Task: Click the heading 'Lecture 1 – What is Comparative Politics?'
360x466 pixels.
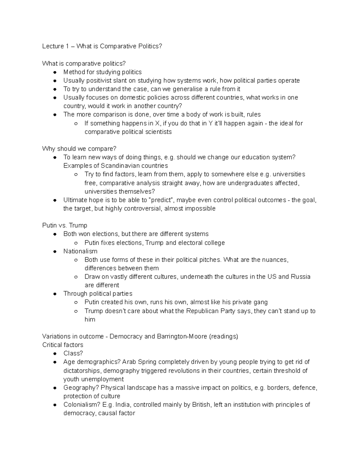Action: (102, 46)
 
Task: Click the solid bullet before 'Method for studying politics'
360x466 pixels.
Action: (55, 72)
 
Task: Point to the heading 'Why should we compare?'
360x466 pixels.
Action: (79, 149)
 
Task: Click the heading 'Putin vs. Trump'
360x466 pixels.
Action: (64, 225)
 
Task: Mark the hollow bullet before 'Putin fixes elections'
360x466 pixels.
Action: (76, 243)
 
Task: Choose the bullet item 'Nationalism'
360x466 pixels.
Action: (80, 251)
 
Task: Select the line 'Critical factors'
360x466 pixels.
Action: (63, 345)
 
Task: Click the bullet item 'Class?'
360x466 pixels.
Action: (73, 353)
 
